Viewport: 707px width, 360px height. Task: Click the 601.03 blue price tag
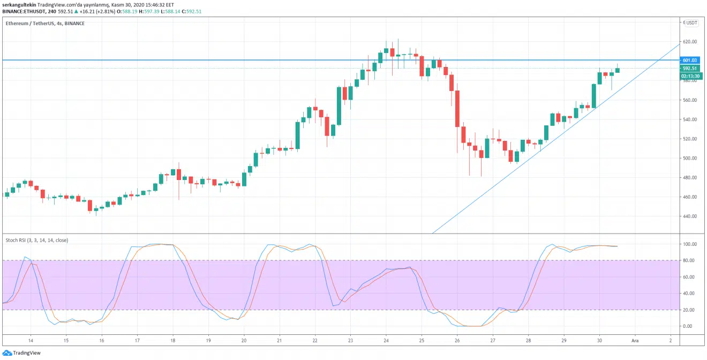tap(690, 60)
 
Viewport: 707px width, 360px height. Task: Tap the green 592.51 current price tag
tap(690, 68)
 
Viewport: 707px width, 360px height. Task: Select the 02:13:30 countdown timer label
tap(690, 76)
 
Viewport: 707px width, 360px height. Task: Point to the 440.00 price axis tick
tap(690, 216)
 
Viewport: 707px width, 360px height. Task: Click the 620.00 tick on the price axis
tap(690, 42)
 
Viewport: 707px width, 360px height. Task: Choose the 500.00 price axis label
tap(690, 158)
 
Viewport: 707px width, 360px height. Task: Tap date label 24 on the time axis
tap(386, 341)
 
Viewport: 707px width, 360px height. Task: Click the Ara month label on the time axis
tap(635, 341)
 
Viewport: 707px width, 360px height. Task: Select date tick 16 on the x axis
tap(102, 341)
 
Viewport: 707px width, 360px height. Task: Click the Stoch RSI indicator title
tap(36, 241)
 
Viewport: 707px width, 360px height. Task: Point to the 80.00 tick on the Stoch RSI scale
tap(690, 260)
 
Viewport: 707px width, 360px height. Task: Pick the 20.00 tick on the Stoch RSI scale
tap(690, 310)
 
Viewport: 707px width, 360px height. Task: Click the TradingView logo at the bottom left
tap(21, 352)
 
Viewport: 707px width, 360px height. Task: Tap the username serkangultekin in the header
tap(19, 5)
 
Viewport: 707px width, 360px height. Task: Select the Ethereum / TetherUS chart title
tap(29, 24)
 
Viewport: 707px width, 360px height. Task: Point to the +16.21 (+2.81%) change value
tap(97, 11)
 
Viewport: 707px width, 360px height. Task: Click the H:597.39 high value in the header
tap(149, 11)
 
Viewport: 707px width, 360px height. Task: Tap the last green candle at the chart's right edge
tap(618, 70)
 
